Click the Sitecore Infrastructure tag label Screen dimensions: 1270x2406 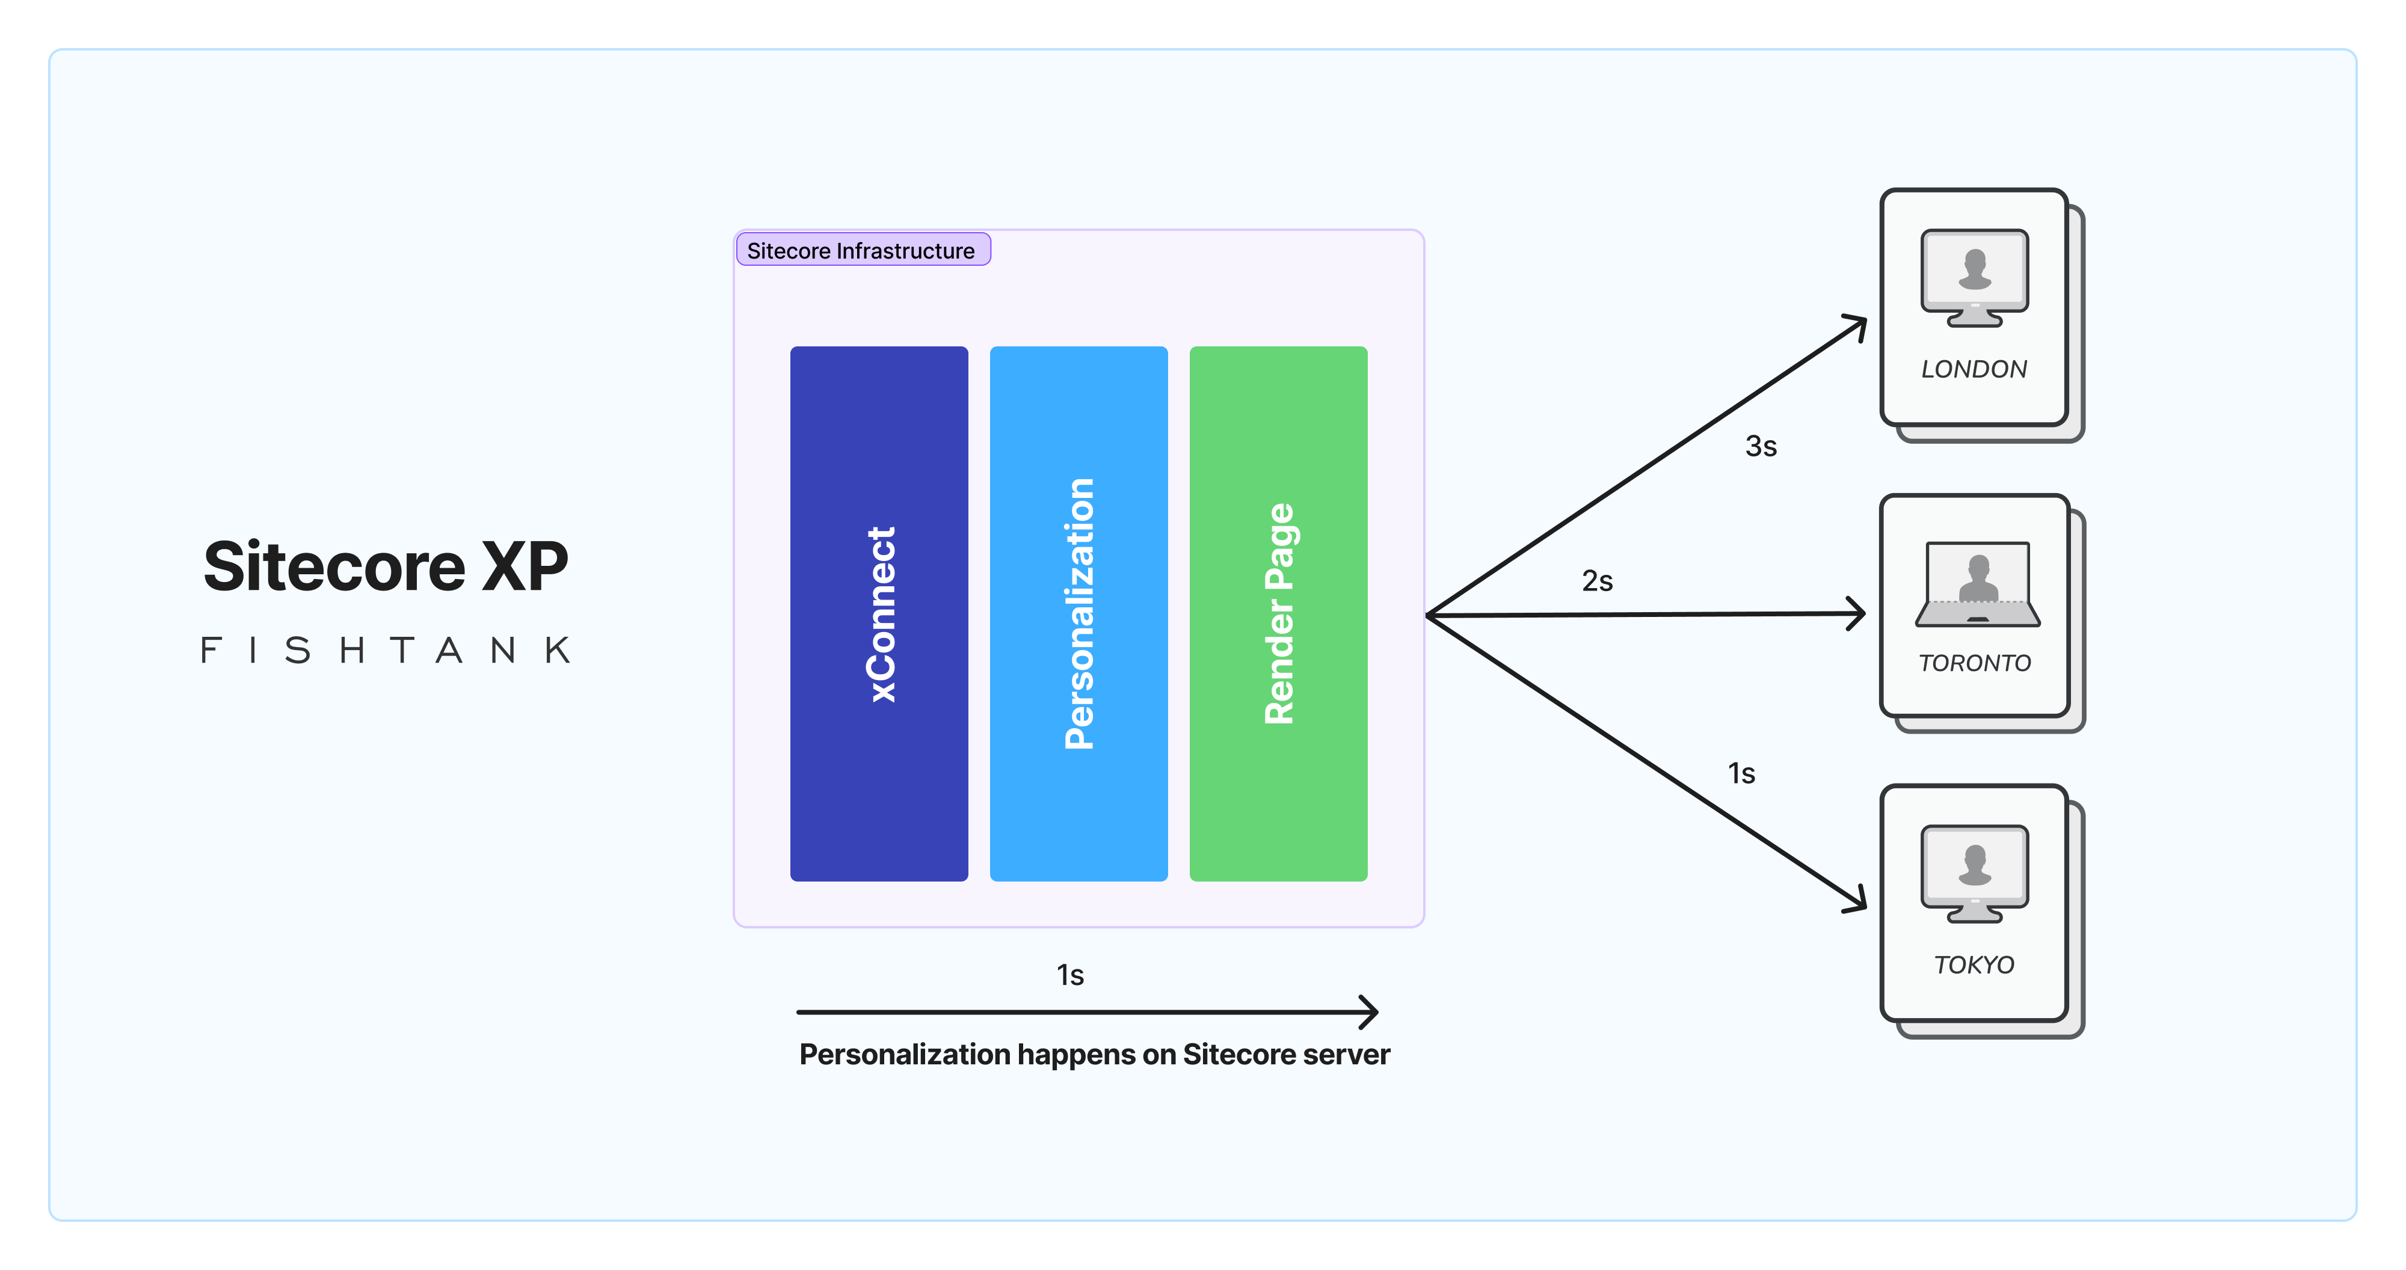coord(861,250)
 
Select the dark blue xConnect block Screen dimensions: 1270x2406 coord(879,613)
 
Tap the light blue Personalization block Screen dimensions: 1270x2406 coord(1078,613)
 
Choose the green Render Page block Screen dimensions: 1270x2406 coord(1278,613)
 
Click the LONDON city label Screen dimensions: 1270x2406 coord(1974,369)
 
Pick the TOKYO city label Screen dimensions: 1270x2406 coord(1974,965)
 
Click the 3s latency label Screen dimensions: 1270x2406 coord(1761,446)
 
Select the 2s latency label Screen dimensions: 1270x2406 coord(1597,581)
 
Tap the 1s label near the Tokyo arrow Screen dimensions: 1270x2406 coord(1741,773)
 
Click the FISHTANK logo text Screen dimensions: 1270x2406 coord(386,650)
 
